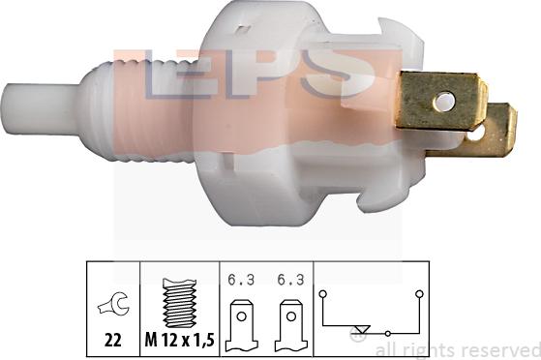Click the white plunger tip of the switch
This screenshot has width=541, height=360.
(x=42, y=108)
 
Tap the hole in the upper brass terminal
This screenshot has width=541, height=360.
(x=444, y=102)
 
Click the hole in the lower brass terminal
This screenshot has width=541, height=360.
(x=477, y=135)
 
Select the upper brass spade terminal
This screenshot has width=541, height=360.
(x=441, y=101)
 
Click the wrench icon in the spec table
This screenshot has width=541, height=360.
(x=113, y=304)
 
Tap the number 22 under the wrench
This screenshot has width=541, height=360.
(x=113, y=341)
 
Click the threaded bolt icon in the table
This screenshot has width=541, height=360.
(x=180, y=303)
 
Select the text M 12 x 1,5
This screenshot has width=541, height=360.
(x=180, y=341)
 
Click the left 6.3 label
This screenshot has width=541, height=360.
(x=241, y=280)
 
